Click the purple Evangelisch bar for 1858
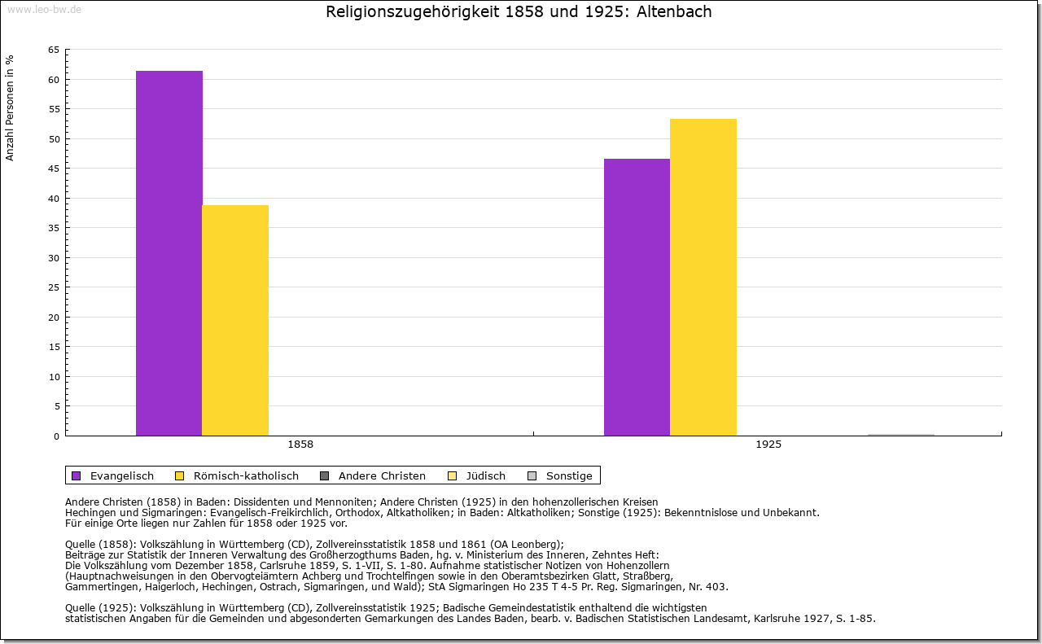(169, 252)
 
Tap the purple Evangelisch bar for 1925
(637, 297)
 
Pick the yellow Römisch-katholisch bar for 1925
(703, 277)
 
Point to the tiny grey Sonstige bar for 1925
(901, 435)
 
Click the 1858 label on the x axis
(300, 445)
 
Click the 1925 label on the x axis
(768, 445)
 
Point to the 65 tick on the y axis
(53, 50)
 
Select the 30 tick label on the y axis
(53, 258)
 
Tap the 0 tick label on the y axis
(56, 436)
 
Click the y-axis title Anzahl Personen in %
(10, 107)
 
